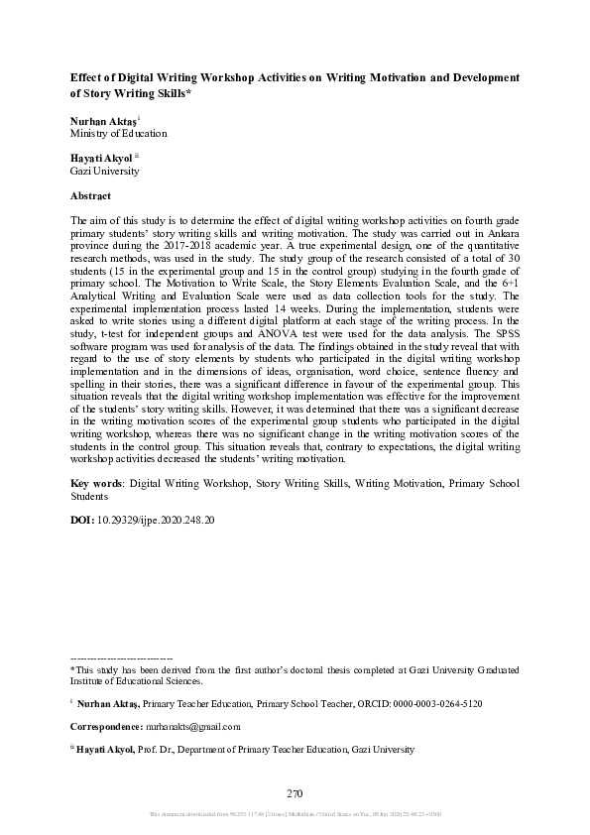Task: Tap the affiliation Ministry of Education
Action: (x=118, y=133)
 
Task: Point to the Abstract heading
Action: (x=91, y=195)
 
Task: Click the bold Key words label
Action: (x=96, y=483)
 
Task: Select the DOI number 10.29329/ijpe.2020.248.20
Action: (x=155, y=519)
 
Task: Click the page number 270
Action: (x=294, y=793)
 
